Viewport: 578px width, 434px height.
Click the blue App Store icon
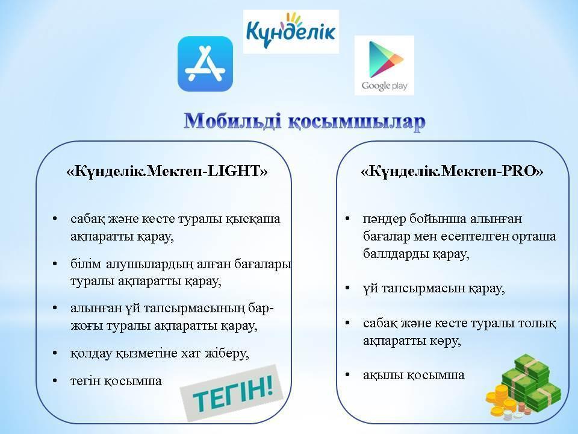pyautogui.click(x=205, y=63)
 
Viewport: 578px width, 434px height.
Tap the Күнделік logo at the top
pyautogui.click(x=291, y=31)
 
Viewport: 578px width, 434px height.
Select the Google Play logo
pyautogui.click(x=384, y=65)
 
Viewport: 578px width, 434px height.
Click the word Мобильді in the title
pyautogui.click(x=232, y=121)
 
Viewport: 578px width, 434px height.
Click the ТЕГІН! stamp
pyautogui.click(x=232, y=392)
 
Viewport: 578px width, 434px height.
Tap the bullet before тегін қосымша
pyautogui.click(x=55, y=380)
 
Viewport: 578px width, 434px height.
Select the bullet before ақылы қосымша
pyautogui.click(x=347, y=375)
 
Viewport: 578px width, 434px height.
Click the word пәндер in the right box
pyautogui.click(x=385, y=219)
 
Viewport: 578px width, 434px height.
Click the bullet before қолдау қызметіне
pyautogui.click(x=55, y=353)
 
